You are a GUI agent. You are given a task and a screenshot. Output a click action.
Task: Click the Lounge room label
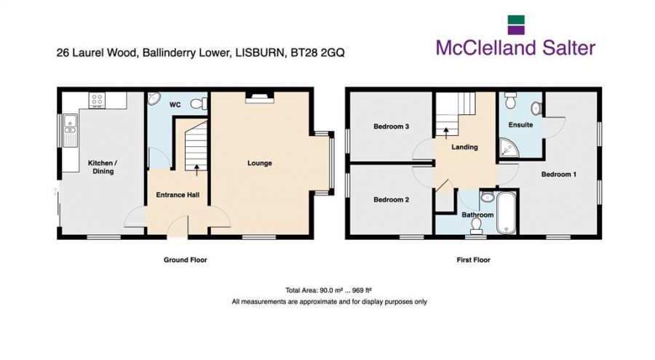[259, 163]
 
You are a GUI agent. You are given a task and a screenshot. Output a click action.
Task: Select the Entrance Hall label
[178, 195]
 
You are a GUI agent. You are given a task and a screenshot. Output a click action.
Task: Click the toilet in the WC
[199, 103]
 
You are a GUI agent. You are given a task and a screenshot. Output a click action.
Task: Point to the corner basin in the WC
[154, 99]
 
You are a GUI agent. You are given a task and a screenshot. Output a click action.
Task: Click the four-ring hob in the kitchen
[97, 100]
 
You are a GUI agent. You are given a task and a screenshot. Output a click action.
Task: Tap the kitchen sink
[70, 131]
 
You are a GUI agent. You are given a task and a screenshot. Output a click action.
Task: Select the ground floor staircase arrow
[196, 168]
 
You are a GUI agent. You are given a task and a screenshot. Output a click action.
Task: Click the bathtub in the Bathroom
[507, 212]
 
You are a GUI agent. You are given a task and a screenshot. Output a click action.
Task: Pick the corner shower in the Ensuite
[509, 148]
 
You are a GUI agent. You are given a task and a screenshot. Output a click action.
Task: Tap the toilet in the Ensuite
[510, 100]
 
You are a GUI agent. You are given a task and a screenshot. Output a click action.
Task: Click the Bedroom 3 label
[391, 126]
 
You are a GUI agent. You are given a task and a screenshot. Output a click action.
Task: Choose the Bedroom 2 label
[391, 199]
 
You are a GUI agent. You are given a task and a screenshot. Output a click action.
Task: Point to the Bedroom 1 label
[558, 174]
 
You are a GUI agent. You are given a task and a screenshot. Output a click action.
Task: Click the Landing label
[464, 147]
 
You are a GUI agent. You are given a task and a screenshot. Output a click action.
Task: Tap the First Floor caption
[473, 260]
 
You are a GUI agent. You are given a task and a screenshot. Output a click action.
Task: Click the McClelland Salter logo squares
[516, 25]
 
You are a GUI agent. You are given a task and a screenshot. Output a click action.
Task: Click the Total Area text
[328, 290]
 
